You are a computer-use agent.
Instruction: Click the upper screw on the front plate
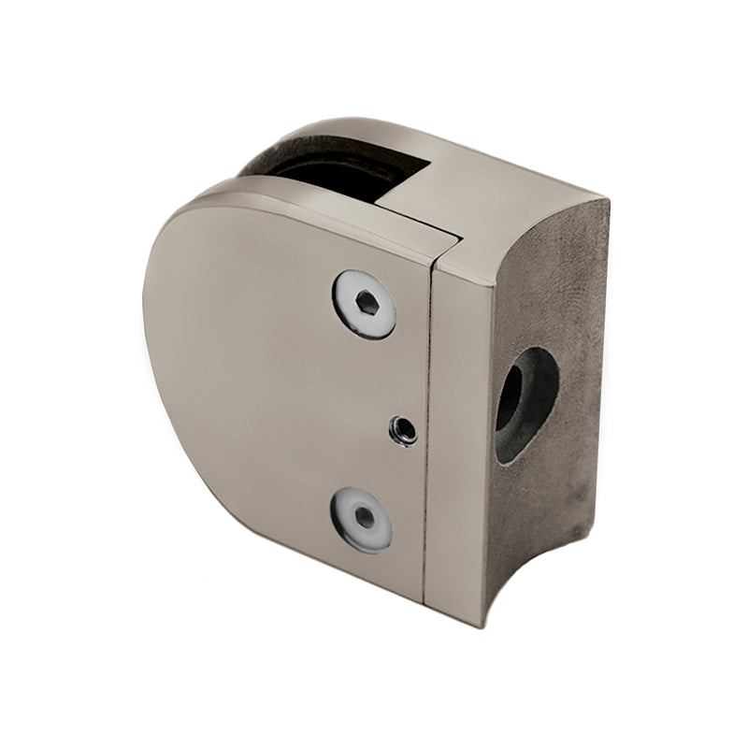365,304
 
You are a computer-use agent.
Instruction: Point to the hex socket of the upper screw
367,303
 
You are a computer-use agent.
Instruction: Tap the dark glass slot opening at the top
337,178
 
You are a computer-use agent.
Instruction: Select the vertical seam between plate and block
427,430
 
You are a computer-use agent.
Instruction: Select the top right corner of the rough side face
606,201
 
